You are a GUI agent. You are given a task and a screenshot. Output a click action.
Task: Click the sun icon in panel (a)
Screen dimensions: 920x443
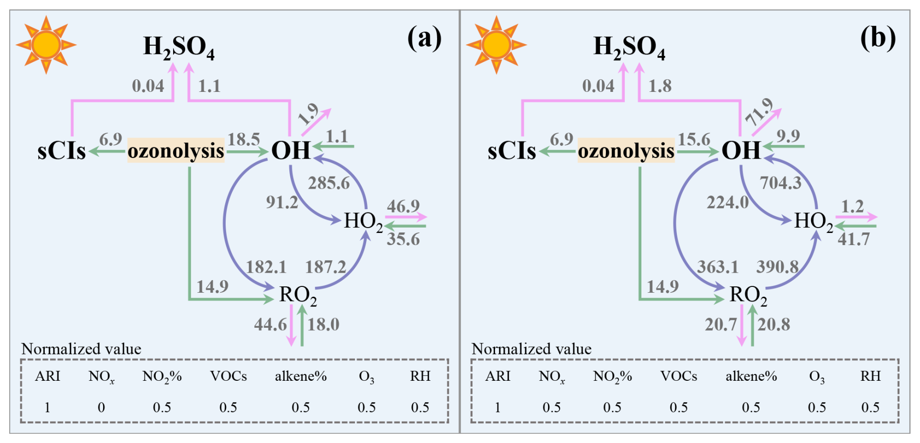tap(46, 45)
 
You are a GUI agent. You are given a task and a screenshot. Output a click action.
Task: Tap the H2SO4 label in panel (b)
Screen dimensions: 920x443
tap(629, 48)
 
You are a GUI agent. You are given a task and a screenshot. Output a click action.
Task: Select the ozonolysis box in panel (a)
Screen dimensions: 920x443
tap(176, 151)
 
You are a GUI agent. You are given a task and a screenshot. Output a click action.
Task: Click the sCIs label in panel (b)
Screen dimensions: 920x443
tap(512, 151)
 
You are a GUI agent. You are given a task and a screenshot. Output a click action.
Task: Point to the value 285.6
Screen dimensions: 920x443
tap(329, 183)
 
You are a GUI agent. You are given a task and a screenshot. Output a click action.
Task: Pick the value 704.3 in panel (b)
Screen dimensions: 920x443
tap(780, 183)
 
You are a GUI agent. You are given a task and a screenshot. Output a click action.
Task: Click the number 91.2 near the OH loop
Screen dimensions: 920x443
tap(282, 202)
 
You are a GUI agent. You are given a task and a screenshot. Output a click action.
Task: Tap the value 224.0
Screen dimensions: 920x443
tap(727, 202)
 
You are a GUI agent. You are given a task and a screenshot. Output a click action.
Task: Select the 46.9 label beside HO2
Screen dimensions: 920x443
tap(403, 206)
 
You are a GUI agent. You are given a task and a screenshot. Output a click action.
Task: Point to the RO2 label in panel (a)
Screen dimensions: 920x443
tap(298, 295)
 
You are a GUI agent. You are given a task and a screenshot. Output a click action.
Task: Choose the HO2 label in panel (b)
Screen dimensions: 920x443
tap(814, 221)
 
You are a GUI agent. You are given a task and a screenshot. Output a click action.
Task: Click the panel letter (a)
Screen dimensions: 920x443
tap(425, 38)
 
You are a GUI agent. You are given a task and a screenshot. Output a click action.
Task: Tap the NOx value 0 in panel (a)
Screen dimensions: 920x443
tap(101, 407)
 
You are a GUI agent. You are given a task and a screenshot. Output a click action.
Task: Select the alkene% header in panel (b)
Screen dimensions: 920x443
tap(751, 376)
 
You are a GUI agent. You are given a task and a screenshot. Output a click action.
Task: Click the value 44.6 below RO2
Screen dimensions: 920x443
tap(270, 324)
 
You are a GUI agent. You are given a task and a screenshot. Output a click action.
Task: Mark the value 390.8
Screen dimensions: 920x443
tap(777, 266)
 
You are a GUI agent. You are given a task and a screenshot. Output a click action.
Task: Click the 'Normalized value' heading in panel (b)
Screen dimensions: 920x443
tap(531, 349)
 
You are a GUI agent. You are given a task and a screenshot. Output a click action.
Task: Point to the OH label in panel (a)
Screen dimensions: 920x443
tap(291, 150)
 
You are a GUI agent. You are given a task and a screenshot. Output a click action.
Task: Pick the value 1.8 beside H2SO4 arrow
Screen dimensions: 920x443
tap(660, 86)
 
